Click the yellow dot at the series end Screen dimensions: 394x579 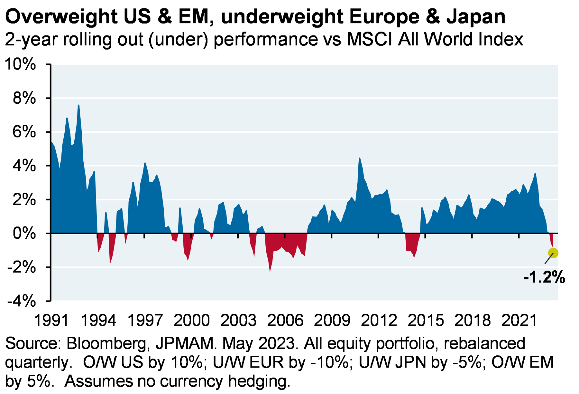pyautogui.click(x=553, y=253)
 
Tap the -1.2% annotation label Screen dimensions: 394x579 pyautogui.click(x=544, y=277)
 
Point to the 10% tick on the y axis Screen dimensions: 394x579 pyautogui.click(x=20, y=64)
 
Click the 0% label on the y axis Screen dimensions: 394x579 pyautogui.click(x=24, y=233)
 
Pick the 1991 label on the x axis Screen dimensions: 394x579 pyautogui.click(x=51, y=321)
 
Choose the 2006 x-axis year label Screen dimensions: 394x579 pyautogui.click(x=285, y=321)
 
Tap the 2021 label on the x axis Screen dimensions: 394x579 pyautogui.click(x=519, y=321)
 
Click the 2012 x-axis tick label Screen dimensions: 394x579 pyautogui.click(x=379, y=321)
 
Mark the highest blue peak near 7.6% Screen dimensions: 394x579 pyautogui.click(x=78, y=105)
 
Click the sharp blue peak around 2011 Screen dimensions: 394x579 pyautogui.click(x=359, y=158)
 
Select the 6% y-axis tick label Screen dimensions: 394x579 pyautogui.click(x=24, y=132)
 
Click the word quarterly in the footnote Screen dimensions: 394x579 pyautogui.click(x=37, y=363)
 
